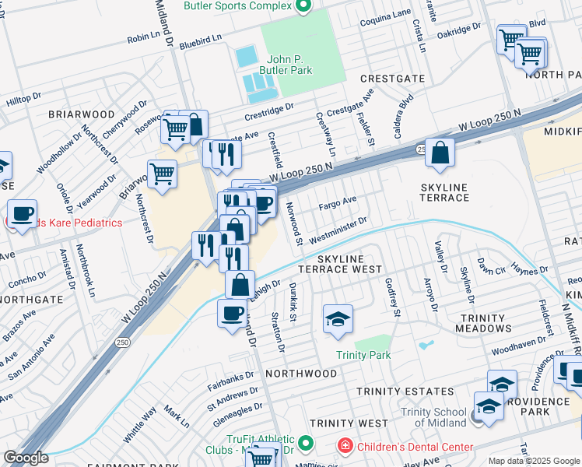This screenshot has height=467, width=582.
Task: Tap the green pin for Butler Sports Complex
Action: click(305, 7)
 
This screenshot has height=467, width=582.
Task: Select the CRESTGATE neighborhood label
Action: click(392, 79)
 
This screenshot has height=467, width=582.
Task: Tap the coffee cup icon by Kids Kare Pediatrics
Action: click(23, 212)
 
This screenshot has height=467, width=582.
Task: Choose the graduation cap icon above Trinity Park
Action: click(337, 320)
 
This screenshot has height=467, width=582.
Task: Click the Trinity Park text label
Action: click(363, 355)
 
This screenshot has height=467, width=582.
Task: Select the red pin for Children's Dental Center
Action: click(344, 446)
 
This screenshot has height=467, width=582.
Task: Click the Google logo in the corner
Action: click(26, 458)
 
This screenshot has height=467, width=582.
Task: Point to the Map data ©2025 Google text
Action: click(534, 461)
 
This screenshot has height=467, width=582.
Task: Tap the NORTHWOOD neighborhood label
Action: click(300, 374)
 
